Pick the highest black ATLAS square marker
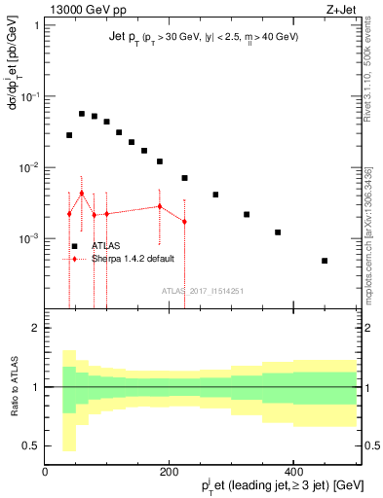(82, 114)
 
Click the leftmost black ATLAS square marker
(69, 135)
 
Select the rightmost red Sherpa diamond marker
(184, 222)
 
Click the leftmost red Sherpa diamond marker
(69, 214)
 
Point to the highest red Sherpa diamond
(82, 194)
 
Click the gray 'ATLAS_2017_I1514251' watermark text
(201, 291)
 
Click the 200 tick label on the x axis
(169, 470)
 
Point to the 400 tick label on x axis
(293, 470)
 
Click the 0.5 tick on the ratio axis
(32, 445)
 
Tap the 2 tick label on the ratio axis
(36, 328)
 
